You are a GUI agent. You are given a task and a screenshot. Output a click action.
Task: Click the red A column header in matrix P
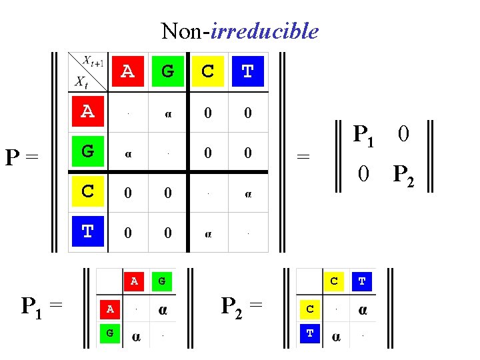coord(127,71)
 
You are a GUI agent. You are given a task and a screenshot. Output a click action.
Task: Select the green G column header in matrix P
coord(167,71)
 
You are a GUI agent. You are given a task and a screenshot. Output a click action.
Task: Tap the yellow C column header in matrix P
coord(208,71)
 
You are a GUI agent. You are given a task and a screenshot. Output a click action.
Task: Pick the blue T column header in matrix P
coord(247,71)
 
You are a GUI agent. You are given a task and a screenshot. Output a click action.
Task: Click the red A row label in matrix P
coord(87,112)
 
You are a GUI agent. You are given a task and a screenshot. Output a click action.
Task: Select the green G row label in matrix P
coord(87,152)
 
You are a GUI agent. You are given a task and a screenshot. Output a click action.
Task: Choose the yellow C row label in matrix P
coord(87,192)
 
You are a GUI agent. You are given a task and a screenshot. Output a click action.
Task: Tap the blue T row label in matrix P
coord(87,232)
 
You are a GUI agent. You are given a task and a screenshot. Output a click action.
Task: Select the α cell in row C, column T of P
coord(247,194)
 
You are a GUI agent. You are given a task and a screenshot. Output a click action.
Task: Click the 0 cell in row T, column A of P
coord(128,233)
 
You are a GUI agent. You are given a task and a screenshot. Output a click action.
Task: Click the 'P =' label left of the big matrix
coord(23,158)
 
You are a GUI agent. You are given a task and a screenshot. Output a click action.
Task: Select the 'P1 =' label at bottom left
coord(41,307)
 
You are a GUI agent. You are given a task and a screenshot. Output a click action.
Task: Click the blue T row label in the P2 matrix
coord(310,332)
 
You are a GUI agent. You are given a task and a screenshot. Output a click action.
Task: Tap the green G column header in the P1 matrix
coord(162,281)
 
